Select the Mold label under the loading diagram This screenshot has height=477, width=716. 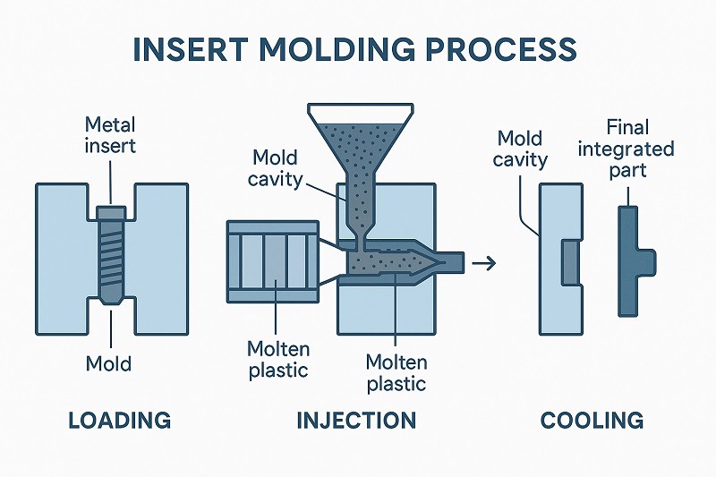pyautogui.click(x=108, y=363)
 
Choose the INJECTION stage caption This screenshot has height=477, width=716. pyautogui.click(x=356, y=420)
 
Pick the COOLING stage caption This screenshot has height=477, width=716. pyautogui.click(x=592, y=420)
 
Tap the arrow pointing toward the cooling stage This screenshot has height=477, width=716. pyautogui.click(x=486, y=262)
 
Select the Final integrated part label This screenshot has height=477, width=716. pyautogui.click(x=626, y=148)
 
